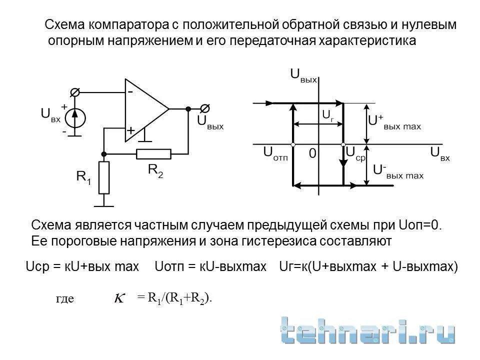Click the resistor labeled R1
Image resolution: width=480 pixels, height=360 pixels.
104,177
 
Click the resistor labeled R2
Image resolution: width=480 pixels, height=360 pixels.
153,154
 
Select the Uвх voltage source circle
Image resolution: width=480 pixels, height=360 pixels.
76,118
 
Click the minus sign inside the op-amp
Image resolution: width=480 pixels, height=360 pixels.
130,92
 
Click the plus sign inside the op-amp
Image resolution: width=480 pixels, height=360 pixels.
130,130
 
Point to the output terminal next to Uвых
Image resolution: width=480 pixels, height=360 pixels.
204,108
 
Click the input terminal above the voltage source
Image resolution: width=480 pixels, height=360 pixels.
75,92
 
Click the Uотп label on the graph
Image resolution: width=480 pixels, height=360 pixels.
275,154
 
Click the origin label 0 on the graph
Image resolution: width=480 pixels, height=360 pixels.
312,154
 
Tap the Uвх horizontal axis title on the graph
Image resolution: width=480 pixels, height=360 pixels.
439,154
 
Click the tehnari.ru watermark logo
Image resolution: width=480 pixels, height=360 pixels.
367,330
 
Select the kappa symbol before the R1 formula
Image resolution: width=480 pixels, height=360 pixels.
119,298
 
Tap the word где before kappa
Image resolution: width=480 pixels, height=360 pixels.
65,299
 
